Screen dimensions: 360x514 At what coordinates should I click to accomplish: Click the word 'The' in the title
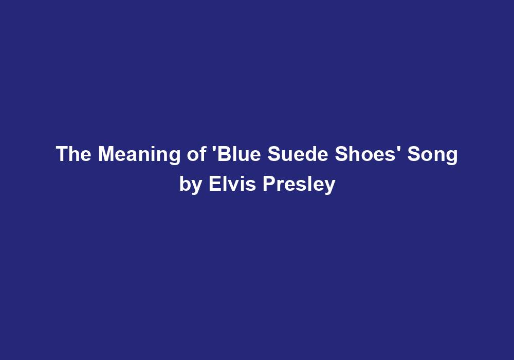pyautogui.click(x=74, y=154)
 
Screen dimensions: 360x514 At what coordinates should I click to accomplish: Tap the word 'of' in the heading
pyautogui.click(x=195, y=154)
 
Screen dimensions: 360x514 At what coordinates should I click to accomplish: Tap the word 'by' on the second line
pyautogui.click(x=190, y=185)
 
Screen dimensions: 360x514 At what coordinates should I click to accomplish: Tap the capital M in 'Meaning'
pyautogui.click(x=105, y=154)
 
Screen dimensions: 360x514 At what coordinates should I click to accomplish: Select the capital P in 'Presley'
pyautogui.click(x=268, y=184)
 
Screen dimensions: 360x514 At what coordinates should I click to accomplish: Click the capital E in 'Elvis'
pyautogui.click(x=213, y=184)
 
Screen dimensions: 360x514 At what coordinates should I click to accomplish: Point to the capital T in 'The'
pyautogui.click(x=61, y=154)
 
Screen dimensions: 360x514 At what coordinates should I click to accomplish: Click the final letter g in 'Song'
pyautogui.click(x=452, y=156)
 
